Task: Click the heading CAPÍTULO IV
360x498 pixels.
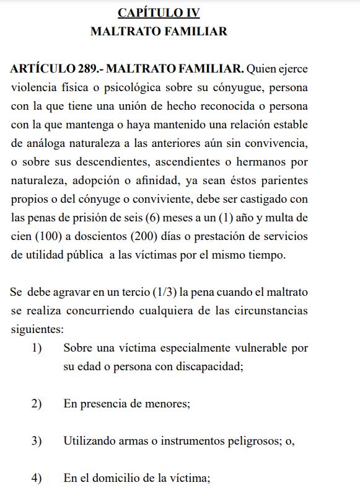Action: tap(159, 12)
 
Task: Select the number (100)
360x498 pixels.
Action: tap(48, 237)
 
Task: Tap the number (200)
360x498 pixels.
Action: tap(145, 237)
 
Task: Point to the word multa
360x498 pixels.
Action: tap(281, 218)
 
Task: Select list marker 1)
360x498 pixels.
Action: tap(37, 348)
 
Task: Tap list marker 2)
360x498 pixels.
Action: tap(37, 404)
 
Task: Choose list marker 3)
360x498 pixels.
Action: tap(37, 441)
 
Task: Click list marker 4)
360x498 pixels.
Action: tap(37, 478)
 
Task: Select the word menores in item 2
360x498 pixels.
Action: tap(168, 404)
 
